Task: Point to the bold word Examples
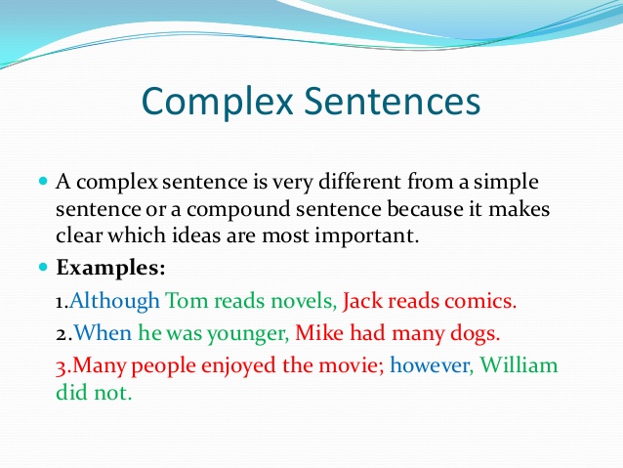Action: point(111,267)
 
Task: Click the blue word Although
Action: point(114,300)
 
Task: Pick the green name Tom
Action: point(187,300)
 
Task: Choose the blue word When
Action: point(102,333)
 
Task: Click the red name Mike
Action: point(319,333)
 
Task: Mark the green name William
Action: point(519,366)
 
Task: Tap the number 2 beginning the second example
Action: point(61,334)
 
